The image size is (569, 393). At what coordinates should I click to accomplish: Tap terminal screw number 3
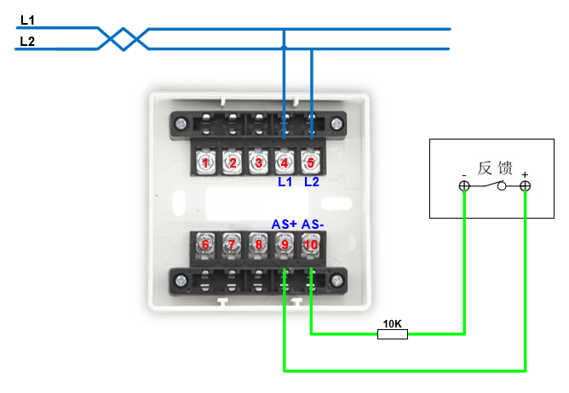click(x=258, y=162)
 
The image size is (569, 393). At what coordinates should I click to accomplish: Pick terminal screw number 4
click(x=284, y=162)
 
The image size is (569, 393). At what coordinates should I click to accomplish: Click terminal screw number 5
click(x=311, y=162)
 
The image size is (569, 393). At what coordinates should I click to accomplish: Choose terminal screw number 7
click(x=232, y=245)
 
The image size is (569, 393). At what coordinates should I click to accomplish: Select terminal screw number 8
click(x=258, y=245)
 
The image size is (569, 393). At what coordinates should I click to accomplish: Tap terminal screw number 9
click(x=284, y=245)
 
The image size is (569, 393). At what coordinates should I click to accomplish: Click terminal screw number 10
click(x=311, y=245)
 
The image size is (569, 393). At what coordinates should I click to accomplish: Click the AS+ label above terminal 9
click(x=284, y=224)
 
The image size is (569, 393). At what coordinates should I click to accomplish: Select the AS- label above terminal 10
click(x=313, y=224)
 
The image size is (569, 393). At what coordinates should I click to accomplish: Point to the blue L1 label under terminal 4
click(x=284, y=182)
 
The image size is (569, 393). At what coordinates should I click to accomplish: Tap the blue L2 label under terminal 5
click(x=311, y=182)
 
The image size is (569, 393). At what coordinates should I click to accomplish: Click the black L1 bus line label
click(x=27, y=20)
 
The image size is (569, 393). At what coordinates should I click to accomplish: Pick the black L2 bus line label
click(x=27, y=40)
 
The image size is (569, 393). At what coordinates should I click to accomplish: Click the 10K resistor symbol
click(x=393, y=334)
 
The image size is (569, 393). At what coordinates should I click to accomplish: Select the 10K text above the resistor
click(x=393, y=323)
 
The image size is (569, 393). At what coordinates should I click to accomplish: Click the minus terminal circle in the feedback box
click(x=464, y=186)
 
